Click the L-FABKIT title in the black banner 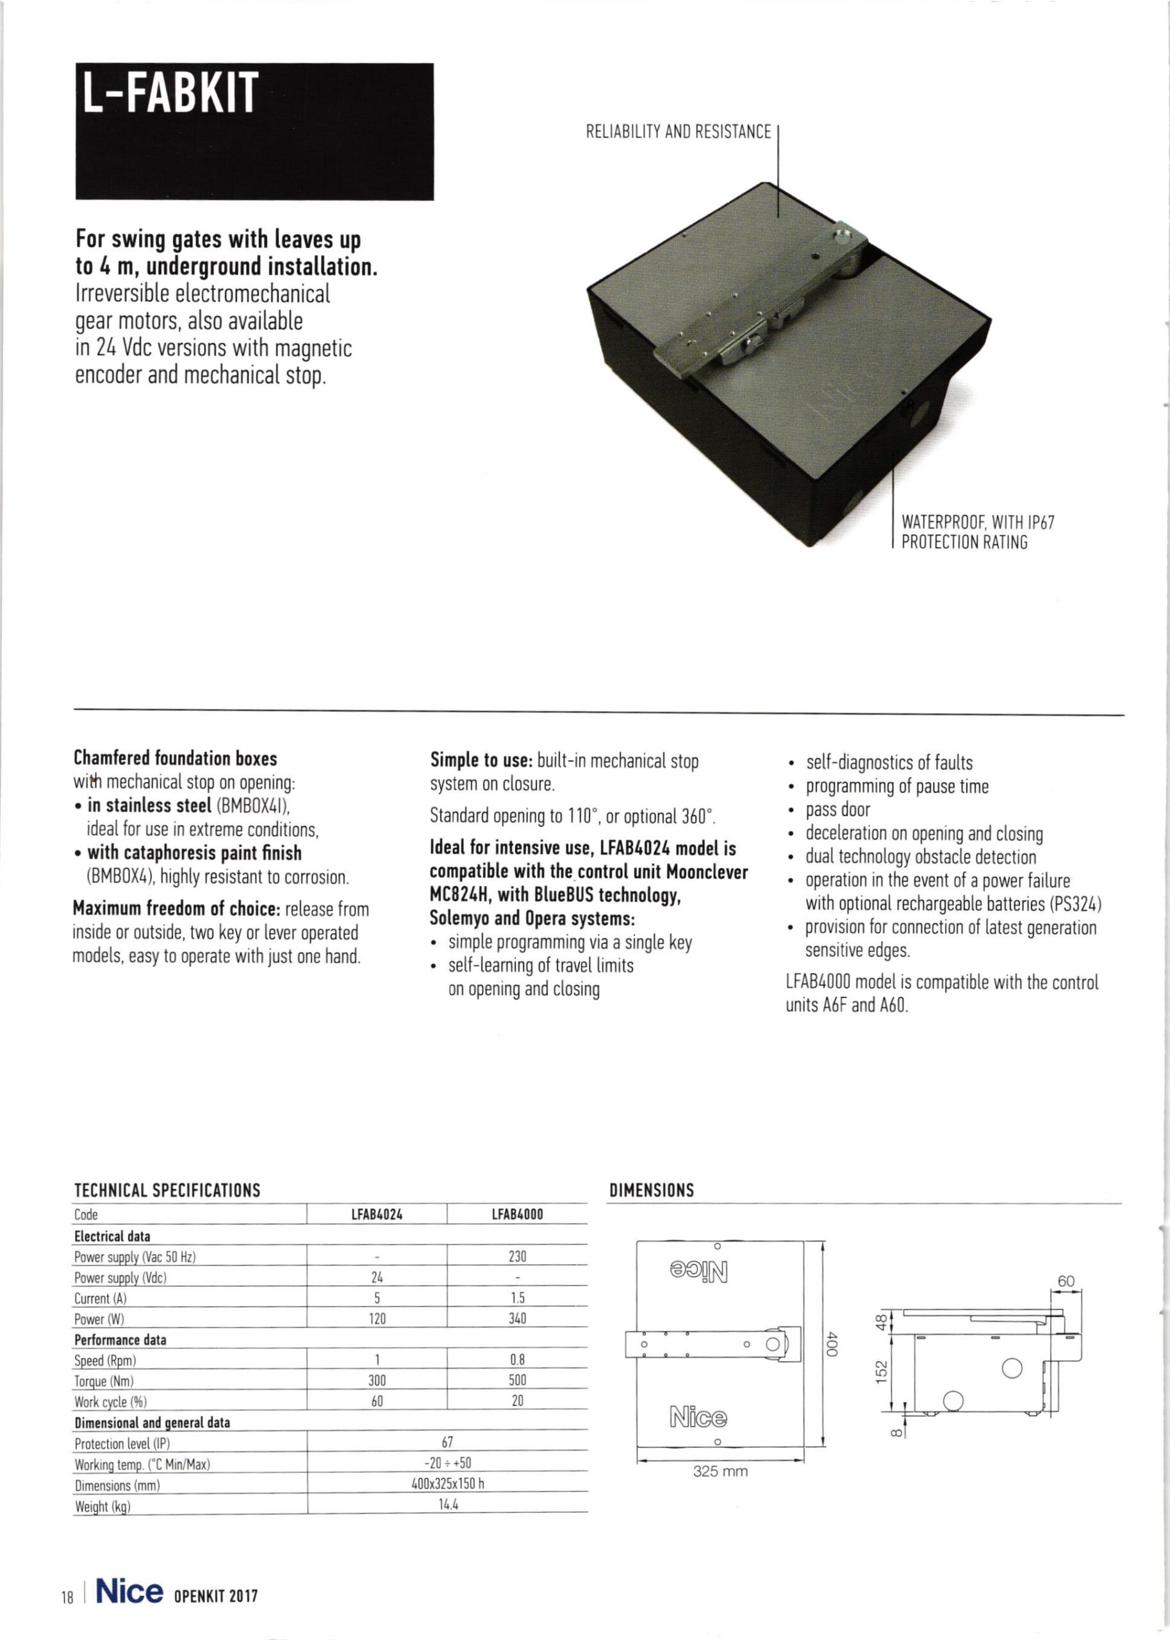[169, 94]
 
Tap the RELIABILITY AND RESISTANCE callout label [678, 133]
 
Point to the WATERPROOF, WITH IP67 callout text [978, 522]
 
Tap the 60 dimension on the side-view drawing [1066, 1281]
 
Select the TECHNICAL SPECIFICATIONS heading [167, 1190]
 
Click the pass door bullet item [837, 810]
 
